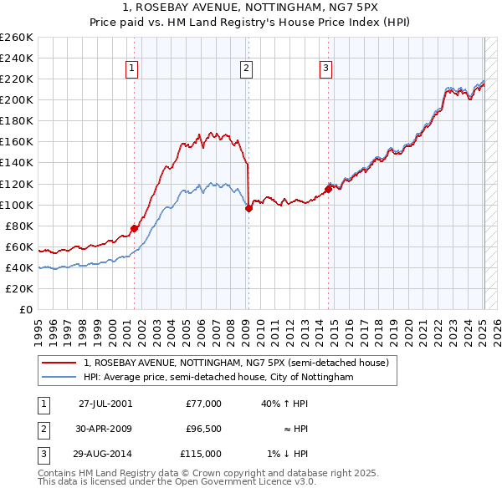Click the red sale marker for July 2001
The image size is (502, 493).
[134, 228]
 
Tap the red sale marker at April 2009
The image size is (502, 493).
[248, 209]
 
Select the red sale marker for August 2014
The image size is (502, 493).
[328, 189]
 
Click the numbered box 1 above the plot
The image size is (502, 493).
[132, 69]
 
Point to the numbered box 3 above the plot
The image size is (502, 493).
[325, 69]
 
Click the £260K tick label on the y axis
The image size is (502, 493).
[17, 38]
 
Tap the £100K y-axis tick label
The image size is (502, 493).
[17, 205]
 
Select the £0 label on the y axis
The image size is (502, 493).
[25, 310]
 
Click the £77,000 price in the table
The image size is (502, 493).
[203, 404]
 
